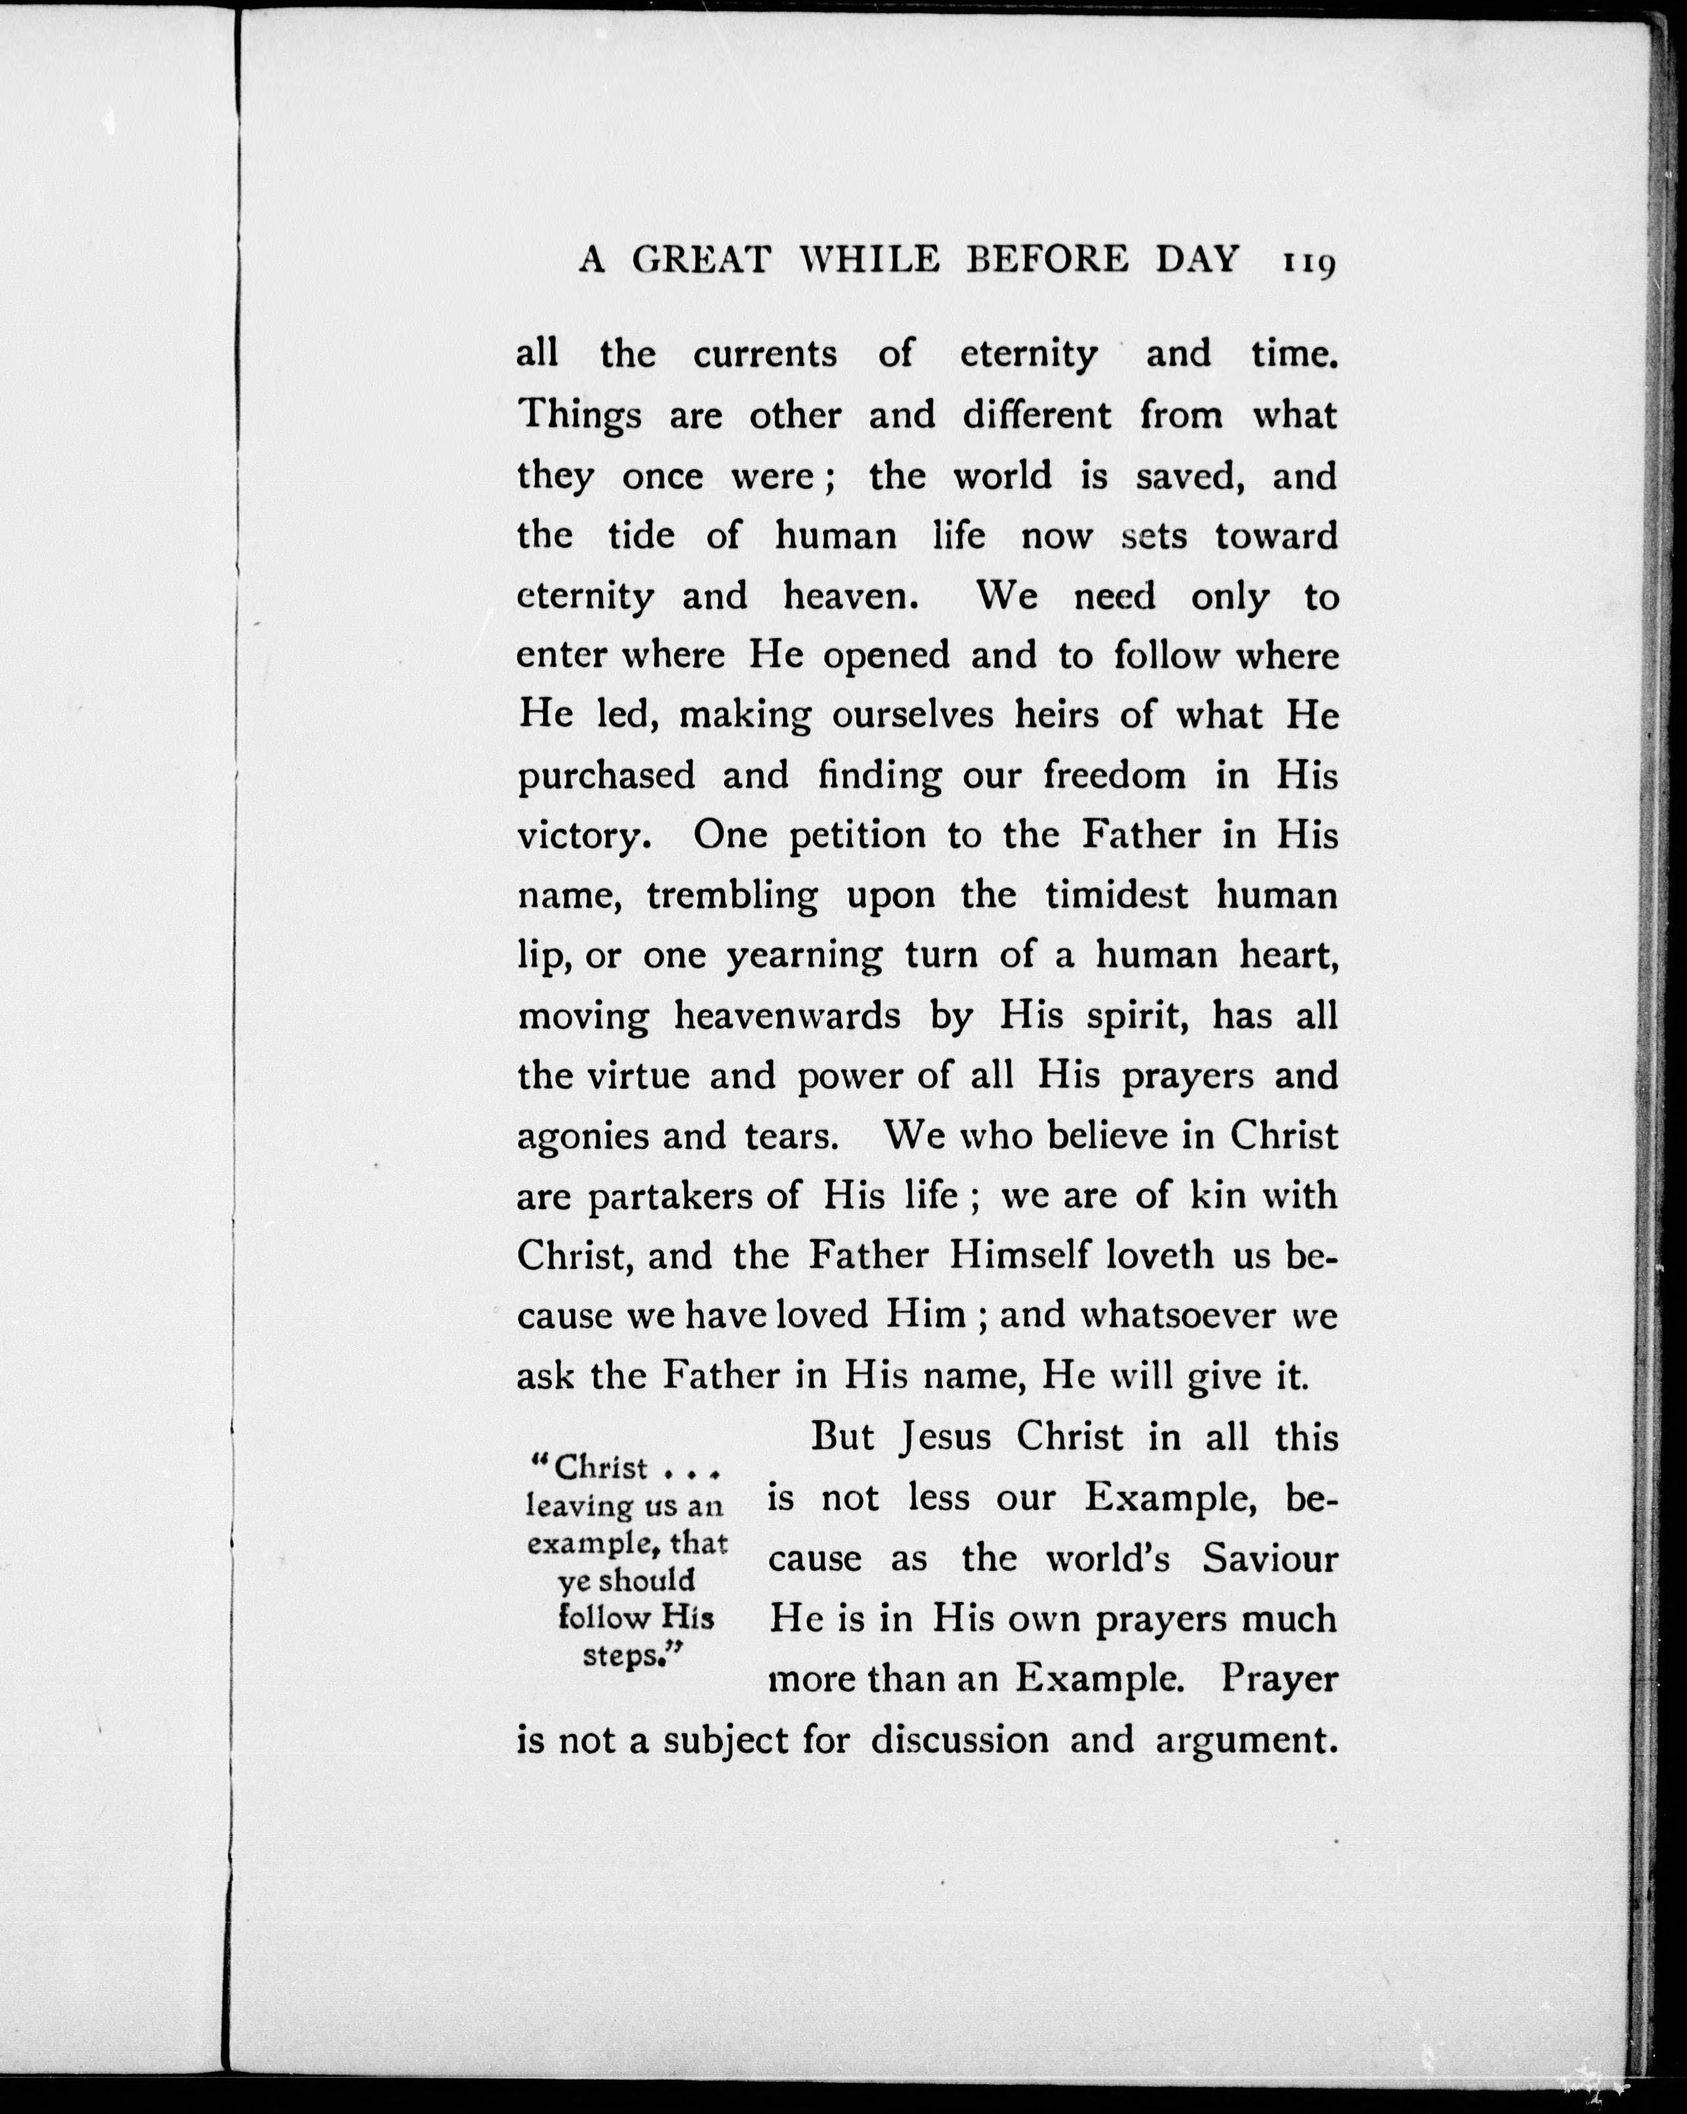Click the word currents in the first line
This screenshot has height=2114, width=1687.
point(765,354)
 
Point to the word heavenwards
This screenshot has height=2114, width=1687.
point(786,1016)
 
